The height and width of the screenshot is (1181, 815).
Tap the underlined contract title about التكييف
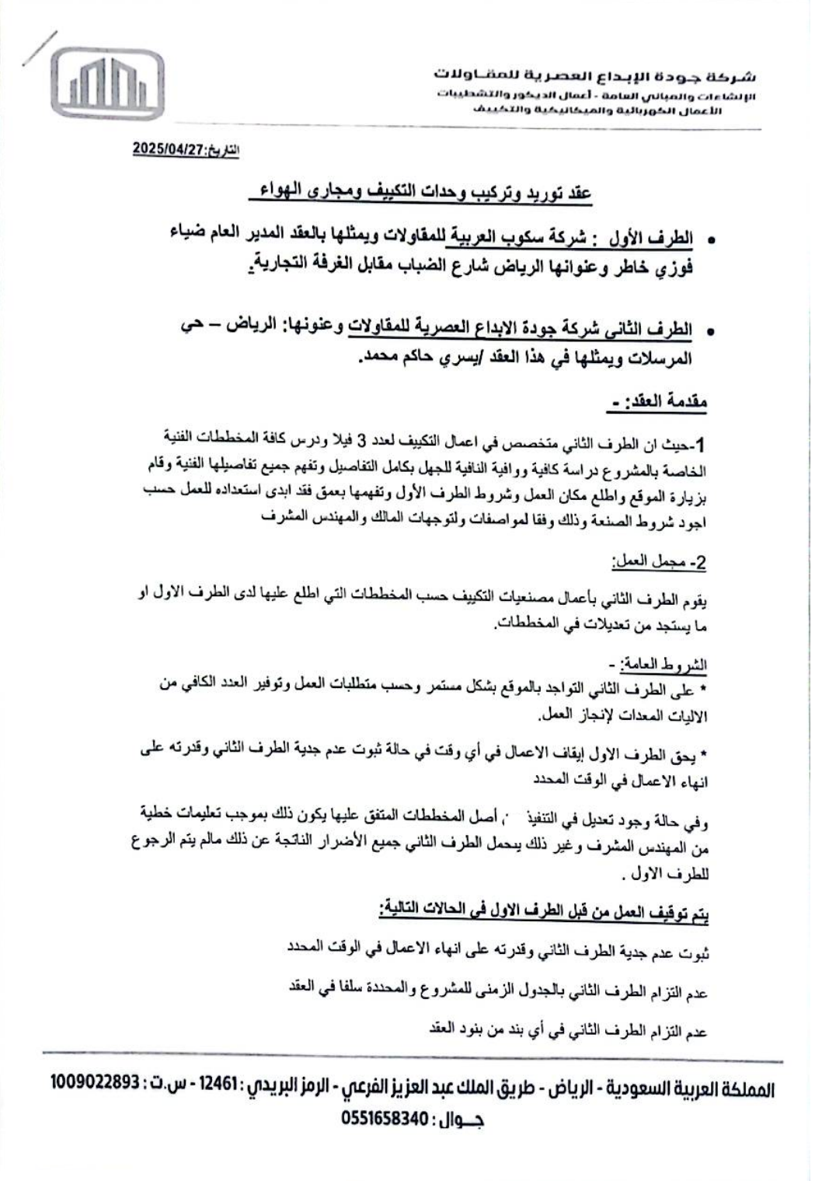(x=425, y=192)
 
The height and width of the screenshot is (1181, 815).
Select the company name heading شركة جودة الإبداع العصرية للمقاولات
(x=594, y=76)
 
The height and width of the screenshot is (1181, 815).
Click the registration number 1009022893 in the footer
(x=96, y=1081)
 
